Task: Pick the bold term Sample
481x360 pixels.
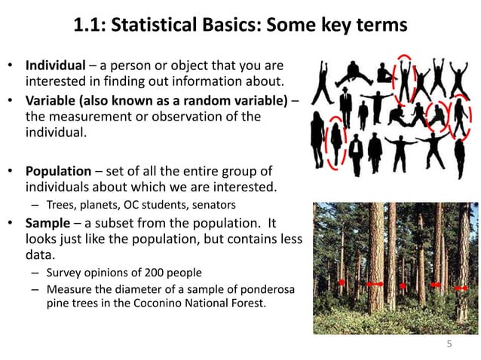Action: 47,223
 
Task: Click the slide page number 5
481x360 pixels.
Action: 449,345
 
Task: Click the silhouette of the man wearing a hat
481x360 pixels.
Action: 345,106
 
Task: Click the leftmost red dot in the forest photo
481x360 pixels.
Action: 341,282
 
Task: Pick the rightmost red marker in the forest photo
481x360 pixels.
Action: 461,287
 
